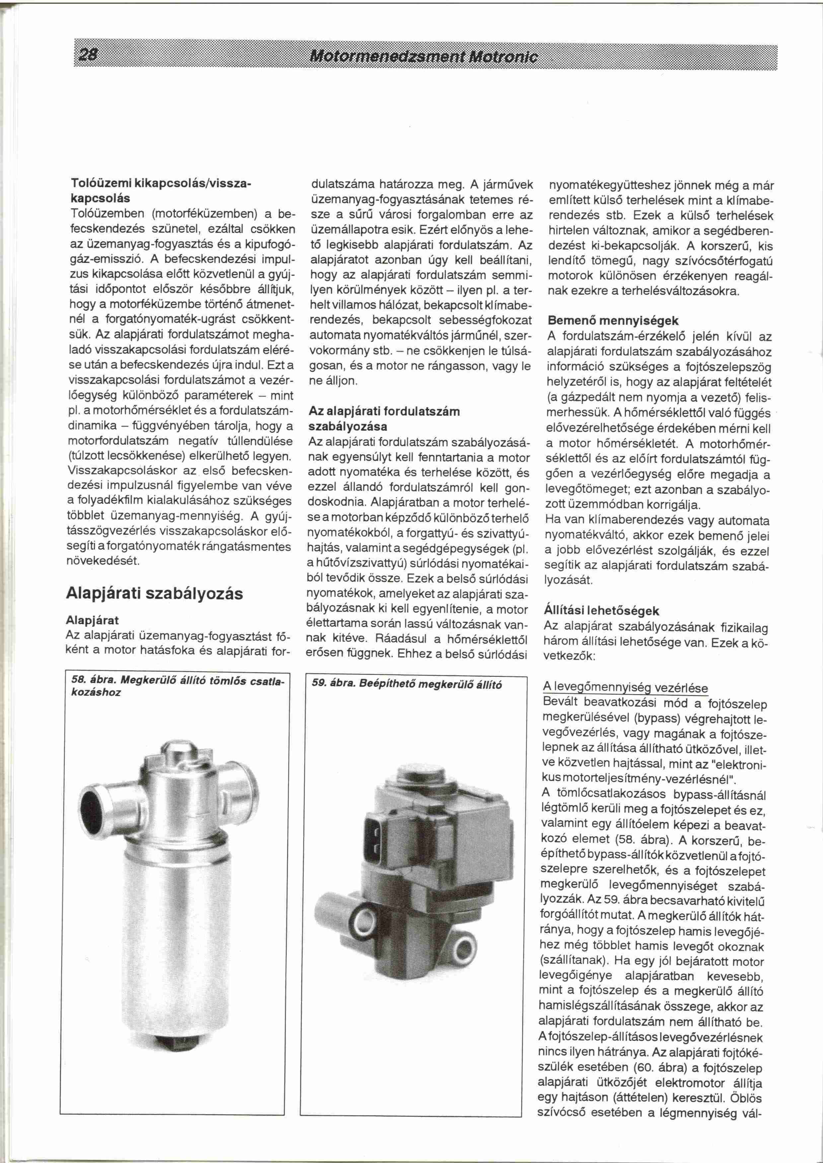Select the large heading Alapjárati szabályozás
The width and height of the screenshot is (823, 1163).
click(x=155, y=593)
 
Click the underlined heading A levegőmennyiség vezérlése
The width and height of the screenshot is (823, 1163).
click(x=625, y=687)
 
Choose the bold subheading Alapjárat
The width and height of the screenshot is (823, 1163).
click(x=92, y=620)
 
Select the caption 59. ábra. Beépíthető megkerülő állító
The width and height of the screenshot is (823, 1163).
click(x=407, y=684)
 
